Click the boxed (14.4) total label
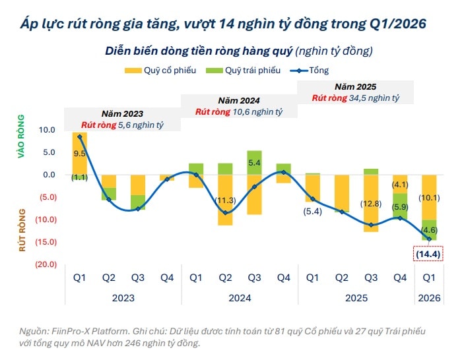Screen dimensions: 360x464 pos(428,253)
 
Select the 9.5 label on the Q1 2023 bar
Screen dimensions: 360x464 pos(80,153)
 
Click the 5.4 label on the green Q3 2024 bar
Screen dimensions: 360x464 pos(255,162)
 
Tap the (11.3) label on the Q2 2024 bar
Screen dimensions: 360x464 pos(226,200)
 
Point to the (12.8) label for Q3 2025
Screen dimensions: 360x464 pos(372,203)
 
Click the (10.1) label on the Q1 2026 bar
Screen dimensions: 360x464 pos(428,197)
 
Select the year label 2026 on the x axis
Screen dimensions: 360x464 pos(429,298)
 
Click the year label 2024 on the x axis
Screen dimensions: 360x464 pos(240,298)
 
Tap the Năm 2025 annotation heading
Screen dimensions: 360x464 pos(356,86)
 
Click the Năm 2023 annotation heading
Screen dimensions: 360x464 pos(122,113)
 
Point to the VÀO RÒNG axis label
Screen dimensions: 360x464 pos(21,136)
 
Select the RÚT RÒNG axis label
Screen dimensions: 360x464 pos(21,230)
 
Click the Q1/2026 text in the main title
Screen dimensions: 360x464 pos(398,24)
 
